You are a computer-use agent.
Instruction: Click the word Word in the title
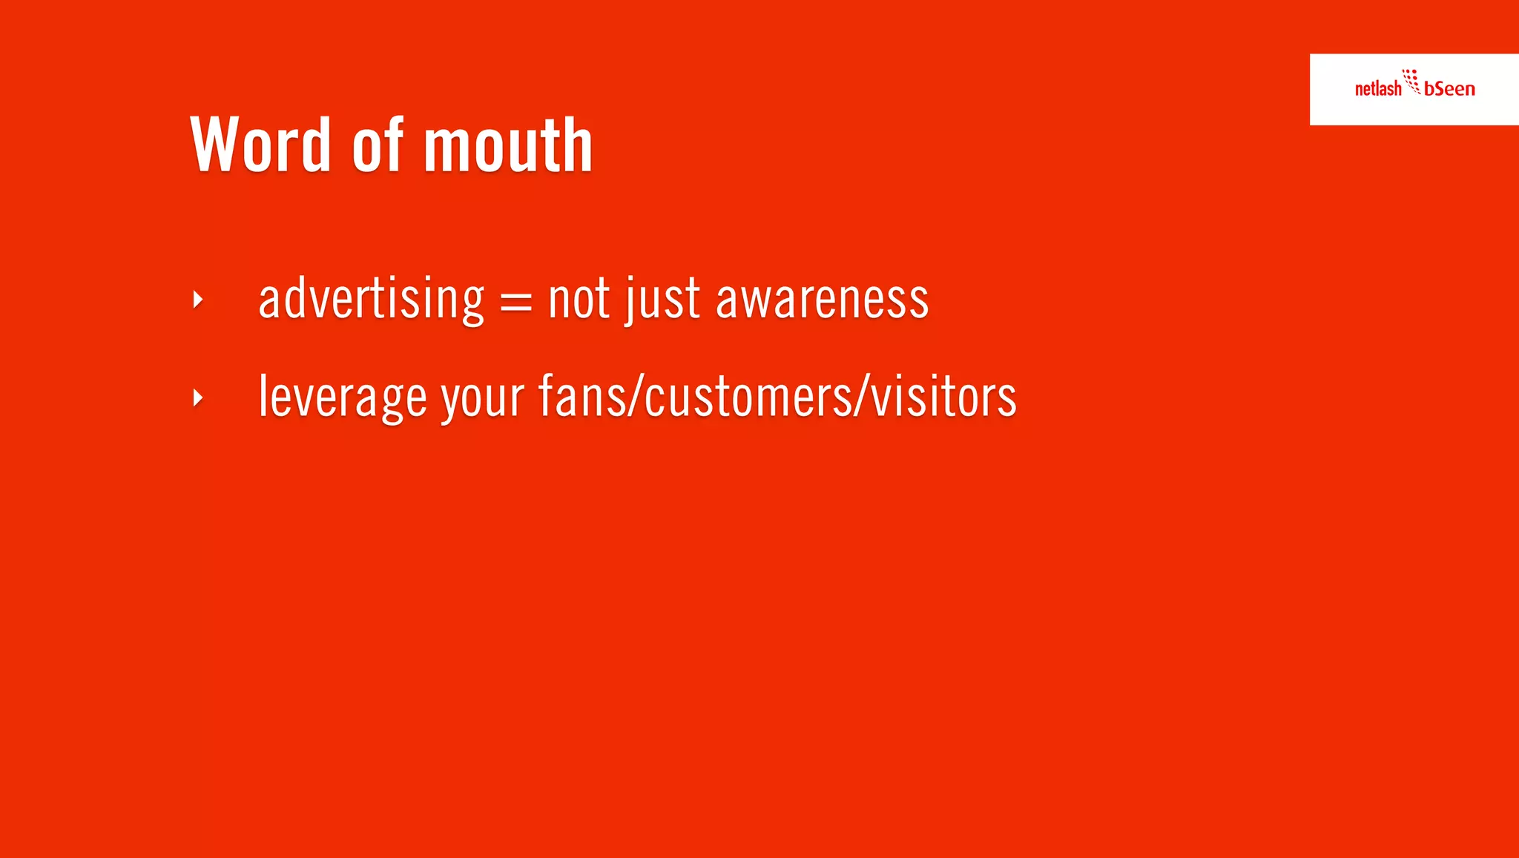[x=260, y=145]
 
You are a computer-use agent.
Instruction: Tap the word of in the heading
[x=378, y=145]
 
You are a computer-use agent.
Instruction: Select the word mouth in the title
[x=508, y=145]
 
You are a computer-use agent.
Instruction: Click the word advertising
[x=371, y=299]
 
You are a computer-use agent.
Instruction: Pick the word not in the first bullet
[x=579, y=299]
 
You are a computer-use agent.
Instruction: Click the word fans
[x=582, y=397]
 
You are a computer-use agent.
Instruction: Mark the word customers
[x=748, y=397]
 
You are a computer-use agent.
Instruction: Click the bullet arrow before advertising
[x=197, y=300]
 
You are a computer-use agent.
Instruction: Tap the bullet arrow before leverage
[x=197, y=398]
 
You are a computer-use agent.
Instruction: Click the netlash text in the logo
[x=1377, y=89]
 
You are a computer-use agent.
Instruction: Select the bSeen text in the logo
[x=1449, y=89]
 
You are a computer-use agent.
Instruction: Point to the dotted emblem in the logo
[x=1411, y=81]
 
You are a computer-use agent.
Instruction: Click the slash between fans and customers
[x=636, y=397]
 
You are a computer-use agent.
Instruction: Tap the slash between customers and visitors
[x=862, y=397]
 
